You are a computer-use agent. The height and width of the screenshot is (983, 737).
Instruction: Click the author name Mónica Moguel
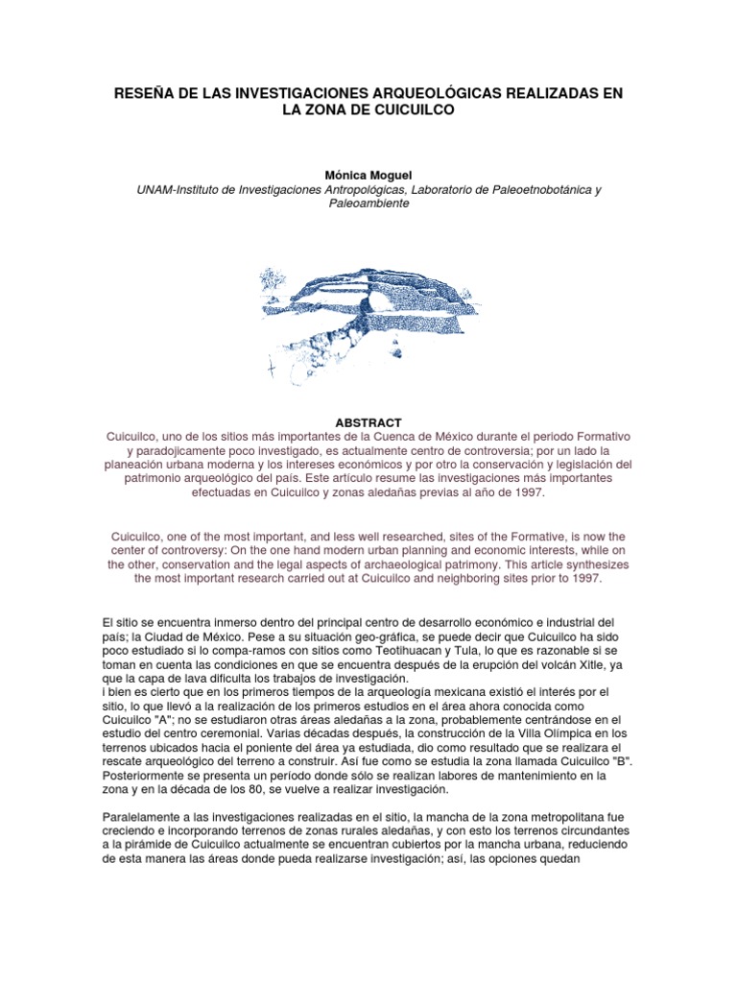pyautogui.click(x=369, y=176)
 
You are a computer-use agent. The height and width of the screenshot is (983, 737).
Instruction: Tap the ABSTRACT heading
pyautogui.click(x=368, y=422)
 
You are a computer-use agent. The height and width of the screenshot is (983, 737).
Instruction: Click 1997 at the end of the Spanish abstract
pyautogui.click(x=526, y=492)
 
